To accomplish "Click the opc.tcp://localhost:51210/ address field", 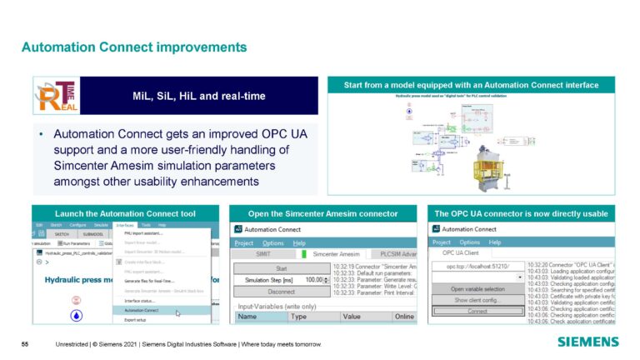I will coord(472,266).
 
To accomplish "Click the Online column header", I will coord(404,317).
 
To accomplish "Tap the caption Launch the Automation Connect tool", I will coord(125,213).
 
